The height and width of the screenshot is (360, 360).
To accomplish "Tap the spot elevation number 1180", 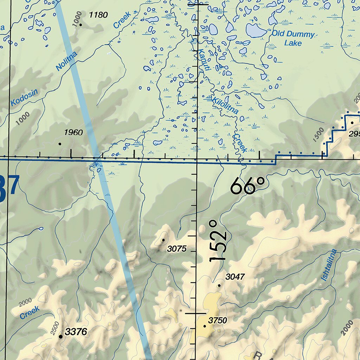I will [x=98, y=15].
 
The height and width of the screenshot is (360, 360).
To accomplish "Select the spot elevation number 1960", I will [x=73, y=133].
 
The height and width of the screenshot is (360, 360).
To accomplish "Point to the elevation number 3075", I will [x=177, y=249].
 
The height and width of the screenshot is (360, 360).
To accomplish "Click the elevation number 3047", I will [x=235, y=277].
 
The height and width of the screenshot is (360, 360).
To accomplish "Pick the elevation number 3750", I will [x=218, y=320].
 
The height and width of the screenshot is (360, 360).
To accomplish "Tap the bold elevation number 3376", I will [x=76, y=332].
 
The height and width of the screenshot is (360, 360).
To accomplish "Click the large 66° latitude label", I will [x=247, y=186].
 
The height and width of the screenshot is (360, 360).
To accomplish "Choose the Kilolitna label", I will [x=225, y=104].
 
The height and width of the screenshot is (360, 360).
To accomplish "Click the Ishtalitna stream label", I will [x=329, y=265].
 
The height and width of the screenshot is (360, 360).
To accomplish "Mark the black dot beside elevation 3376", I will [x=60, y=336].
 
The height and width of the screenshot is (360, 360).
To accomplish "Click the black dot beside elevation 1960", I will [x=60, y=144].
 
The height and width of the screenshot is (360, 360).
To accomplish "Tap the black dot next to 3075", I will [x=163, y=240].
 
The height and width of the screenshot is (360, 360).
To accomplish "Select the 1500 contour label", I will [x=318, y=134].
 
